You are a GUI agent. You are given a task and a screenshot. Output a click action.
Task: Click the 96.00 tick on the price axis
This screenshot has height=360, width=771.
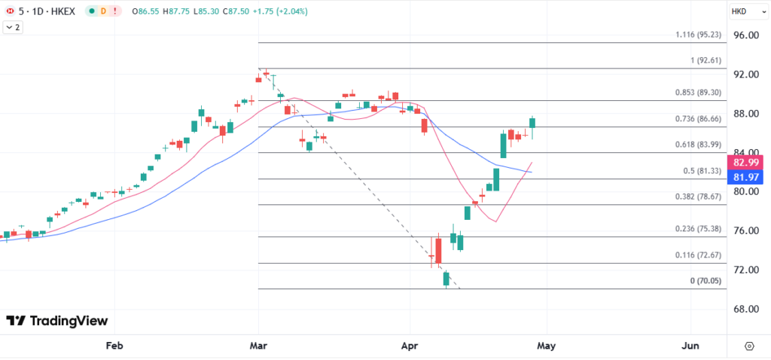coord(748,35)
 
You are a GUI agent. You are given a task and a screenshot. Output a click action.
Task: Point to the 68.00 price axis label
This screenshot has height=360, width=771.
coord(748,309)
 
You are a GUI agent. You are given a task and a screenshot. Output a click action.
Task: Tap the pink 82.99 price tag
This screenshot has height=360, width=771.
coord(748,162)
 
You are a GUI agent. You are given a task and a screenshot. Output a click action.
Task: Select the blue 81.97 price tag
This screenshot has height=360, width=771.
coord(748,177)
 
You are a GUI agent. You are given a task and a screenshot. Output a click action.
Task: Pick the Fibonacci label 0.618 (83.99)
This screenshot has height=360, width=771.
coord(699,145)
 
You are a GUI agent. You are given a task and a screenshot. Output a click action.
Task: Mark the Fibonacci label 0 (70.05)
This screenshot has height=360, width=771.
coord(705,281)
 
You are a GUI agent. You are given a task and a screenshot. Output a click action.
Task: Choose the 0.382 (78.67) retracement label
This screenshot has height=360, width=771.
coord(699,196)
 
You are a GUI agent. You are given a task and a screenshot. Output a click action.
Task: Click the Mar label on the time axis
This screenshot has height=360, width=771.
coord(258,346)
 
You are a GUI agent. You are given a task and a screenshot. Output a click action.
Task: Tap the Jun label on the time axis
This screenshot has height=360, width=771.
coord(690,346)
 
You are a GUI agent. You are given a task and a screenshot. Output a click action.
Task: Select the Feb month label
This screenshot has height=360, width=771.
coord(114,346)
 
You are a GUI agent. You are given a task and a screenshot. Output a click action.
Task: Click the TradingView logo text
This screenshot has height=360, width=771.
coord(57,321)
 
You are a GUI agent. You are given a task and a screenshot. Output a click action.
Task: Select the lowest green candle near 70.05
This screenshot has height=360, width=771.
coord(446,278)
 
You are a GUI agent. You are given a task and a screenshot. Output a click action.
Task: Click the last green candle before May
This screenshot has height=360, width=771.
coord(532,127)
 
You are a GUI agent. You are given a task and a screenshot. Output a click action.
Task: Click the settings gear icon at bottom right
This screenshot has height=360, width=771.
coord(749,346)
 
